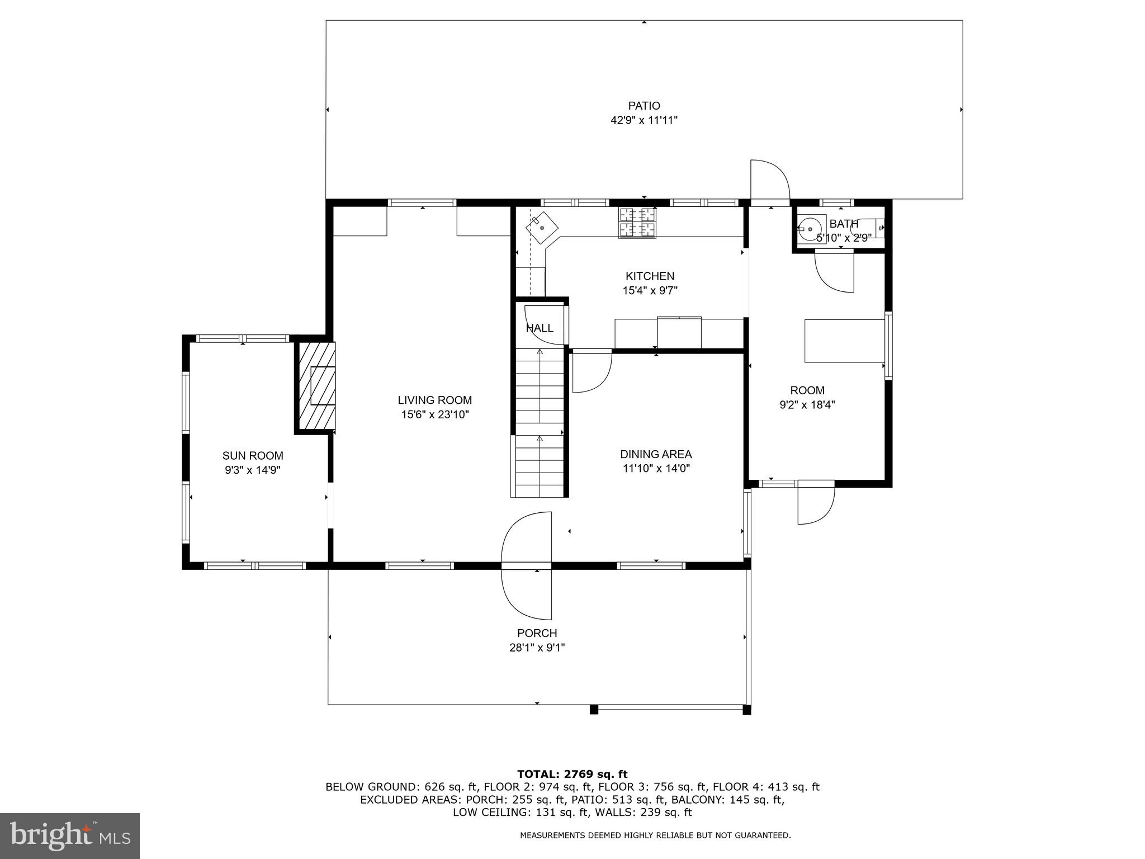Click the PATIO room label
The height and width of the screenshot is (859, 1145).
[644, 106]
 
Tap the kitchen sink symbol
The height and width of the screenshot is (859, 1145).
[542, 228]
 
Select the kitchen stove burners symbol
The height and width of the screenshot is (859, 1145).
[637, 222]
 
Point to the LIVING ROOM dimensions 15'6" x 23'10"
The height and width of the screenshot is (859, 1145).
[434, 414]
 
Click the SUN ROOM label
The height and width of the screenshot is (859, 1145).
[253, 456]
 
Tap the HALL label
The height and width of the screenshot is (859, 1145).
[540, 328]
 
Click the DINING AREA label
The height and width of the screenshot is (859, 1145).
[656, 454]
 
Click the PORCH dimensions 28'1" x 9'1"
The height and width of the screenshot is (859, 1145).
[537, 648]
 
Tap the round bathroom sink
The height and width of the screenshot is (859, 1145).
[810, 229]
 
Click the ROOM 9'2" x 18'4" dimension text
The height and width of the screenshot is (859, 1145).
[807, 405]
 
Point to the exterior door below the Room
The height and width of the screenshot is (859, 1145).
[816, 503]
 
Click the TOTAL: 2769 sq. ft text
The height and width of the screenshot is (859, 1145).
[572, 775]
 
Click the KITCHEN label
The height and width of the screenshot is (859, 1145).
[650, 276]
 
